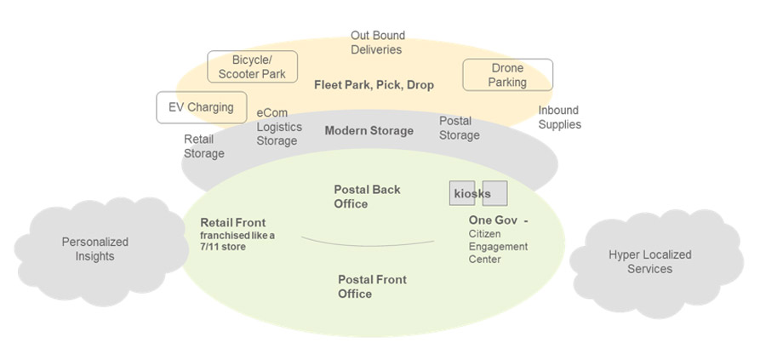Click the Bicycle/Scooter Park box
point(252,67)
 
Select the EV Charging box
point(201,108)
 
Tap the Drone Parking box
point(507,75)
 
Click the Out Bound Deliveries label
point(377,43)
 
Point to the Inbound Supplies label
point(559,117)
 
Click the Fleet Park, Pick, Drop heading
point(374,85)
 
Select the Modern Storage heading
point(369,131)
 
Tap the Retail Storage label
point(204,146)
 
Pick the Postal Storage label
point(459,128)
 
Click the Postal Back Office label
point(367,197)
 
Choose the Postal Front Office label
point(372,286)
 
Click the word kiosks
point(472,194)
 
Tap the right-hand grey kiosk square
point(495,193)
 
